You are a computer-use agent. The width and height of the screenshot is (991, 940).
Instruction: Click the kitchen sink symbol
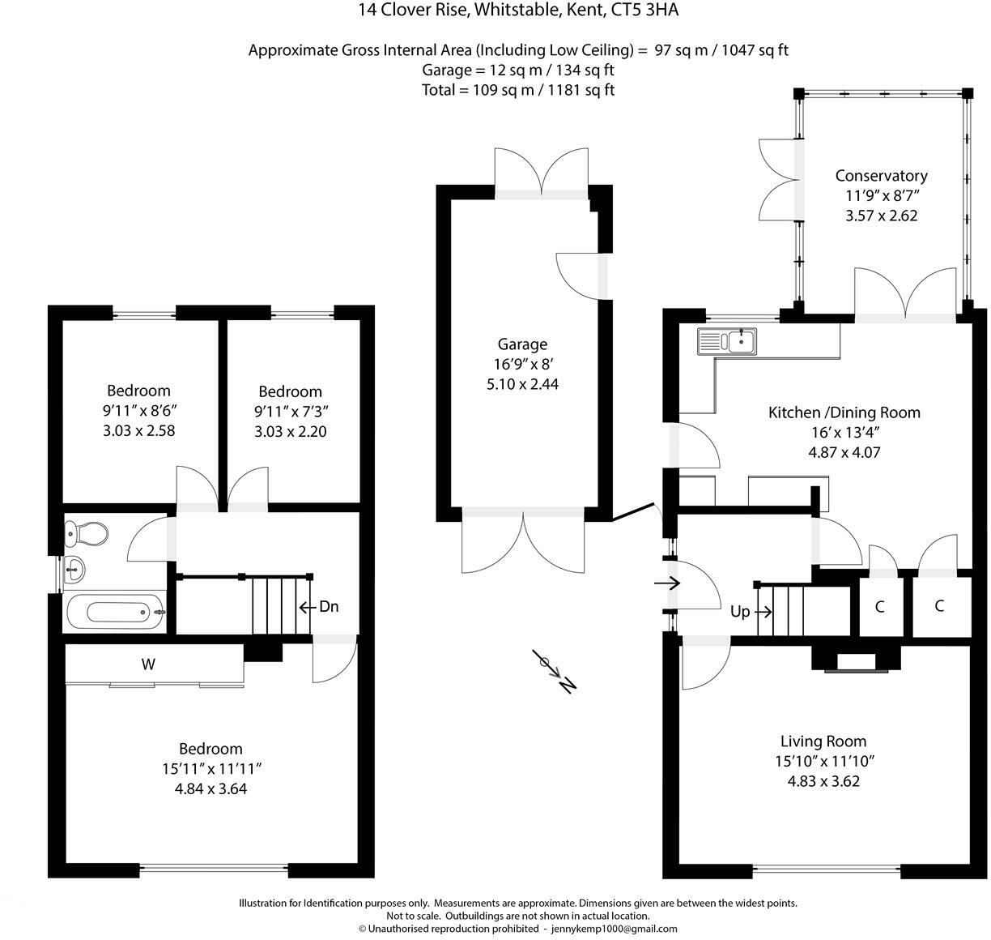coord(726,341)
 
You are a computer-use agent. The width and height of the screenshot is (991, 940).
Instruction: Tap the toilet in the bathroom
coord(87,533)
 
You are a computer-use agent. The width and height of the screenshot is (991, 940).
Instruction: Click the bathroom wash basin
coord(74,568)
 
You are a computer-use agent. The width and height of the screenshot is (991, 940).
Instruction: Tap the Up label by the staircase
coord(740,612)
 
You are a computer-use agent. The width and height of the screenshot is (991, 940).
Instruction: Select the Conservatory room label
coord(881,176)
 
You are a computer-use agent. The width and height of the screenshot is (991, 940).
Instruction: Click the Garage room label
coord(522,344)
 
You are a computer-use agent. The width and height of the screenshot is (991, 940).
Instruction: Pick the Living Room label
coord(823,741)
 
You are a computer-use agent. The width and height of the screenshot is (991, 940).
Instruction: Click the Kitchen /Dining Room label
coord(844,412)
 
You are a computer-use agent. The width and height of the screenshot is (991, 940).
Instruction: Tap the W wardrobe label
coord(148,664)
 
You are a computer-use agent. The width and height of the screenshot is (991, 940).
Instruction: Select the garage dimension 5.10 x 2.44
coord(522,383)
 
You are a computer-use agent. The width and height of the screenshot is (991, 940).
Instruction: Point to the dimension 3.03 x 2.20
coord(290,432)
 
